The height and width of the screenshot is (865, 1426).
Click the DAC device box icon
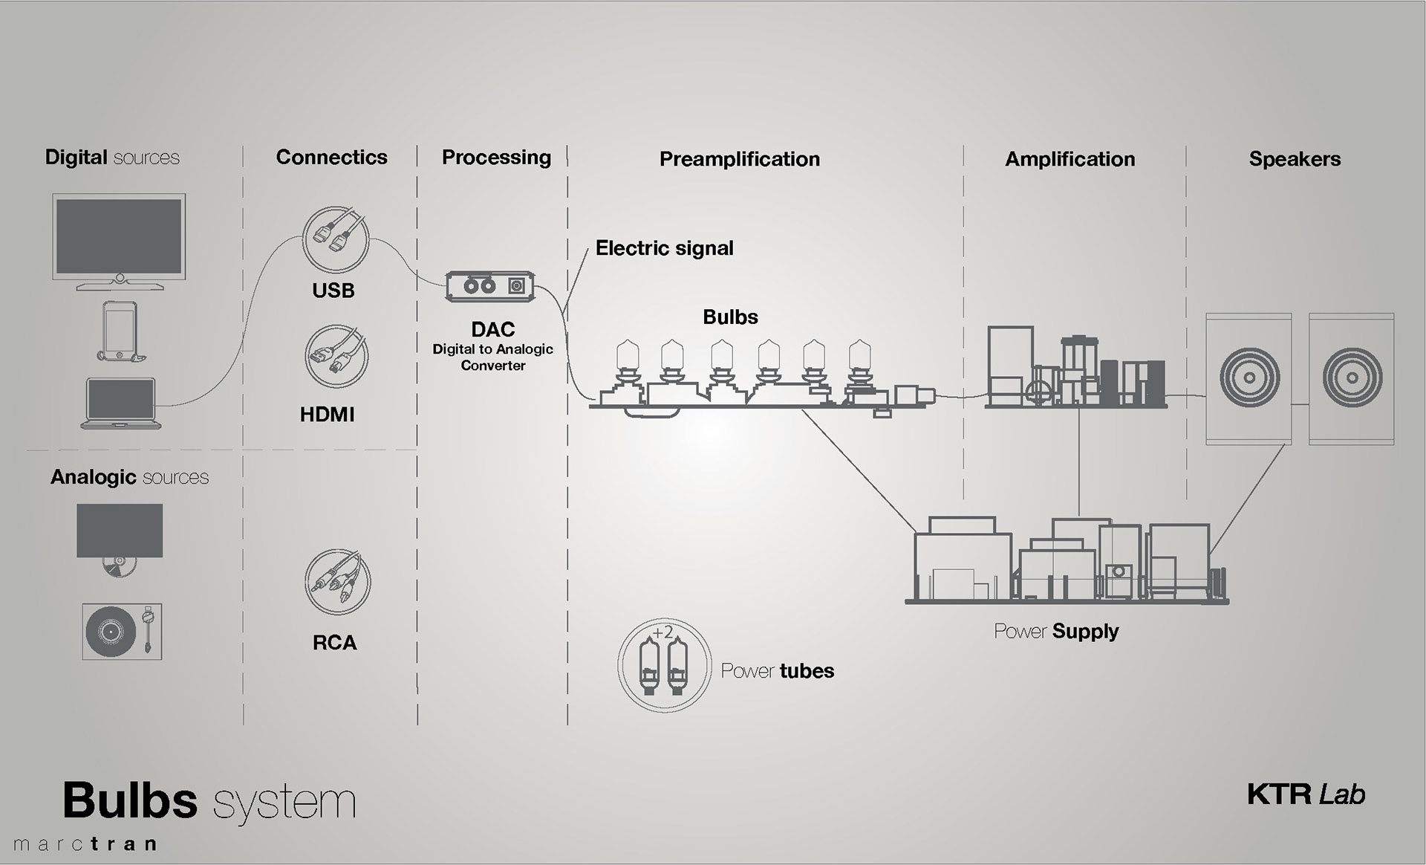(490, 286)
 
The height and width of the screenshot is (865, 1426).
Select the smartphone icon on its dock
(120, 331)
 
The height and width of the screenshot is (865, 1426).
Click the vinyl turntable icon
(122, 632)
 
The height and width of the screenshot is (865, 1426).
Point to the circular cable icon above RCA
(337, 582)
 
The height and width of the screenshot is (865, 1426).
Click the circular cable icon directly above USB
(336, 240)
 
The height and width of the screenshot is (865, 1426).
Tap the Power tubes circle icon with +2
(664, 665)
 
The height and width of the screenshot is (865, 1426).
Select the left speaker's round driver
(1249, 378)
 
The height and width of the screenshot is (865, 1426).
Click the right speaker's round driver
(1352, 378)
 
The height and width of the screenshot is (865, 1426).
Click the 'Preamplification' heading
(740, 159)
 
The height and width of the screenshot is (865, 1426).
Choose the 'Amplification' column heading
(1070, 159)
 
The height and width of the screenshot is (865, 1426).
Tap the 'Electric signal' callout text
(665, 248)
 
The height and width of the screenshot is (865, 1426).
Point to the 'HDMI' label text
(328, 415)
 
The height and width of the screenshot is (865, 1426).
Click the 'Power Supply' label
(1056, 632)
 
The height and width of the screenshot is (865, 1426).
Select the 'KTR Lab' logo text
(1306, 794)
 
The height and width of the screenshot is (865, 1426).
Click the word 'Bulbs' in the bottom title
(130, 800)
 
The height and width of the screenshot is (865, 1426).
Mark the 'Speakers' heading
(1295, 159)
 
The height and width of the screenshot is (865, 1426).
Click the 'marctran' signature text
(85, 844)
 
